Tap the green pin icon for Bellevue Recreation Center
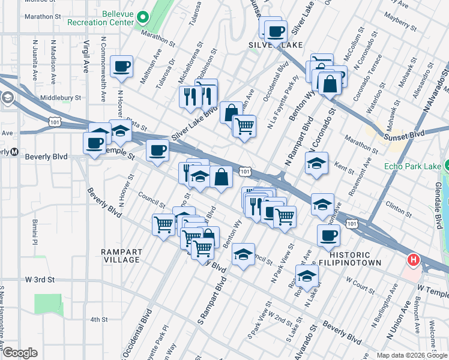click(143, 17)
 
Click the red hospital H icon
click(413, 260)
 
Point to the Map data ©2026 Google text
click(411, 355)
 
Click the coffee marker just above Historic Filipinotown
click(327, 236)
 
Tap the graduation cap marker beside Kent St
click(316, 163)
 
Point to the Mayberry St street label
click(402, 22)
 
